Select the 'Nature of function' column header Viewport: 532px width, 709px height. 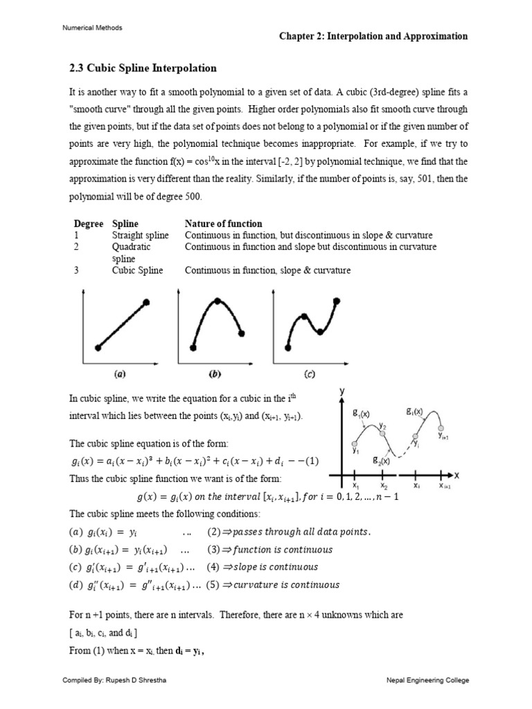pyautogui.click(x=223, y=224)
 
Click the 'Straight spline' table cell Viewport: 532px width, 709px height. pyautogui.click(x=140, y=235)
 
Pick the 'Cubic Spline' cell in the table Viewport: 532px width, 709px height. pyautogui.click(x=137, y=270)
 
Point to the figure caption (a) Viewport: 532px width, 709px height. pyautogui.click(x=119, y=375)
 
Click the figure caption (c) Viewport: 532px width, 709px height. pyautogui.click(x=308, y=375)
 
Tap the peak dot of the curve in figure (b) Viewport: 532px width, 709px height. pyautogui.click(x=218, y=300)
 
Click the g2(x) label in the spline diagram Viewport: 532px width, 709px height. pyautogui.click(x=380, y=460)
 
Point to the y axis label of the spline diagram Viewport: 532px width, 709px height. pyautogui.click(x=342, y=391)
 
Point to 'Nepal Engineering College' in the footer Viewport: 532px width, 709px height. pyautogui.click(x=427, y=681)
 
